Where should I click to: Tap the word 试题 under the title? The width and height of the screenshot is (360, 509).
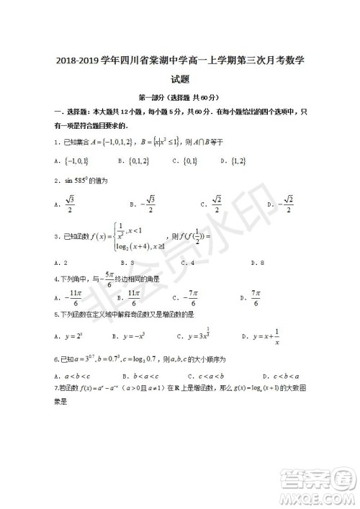tap(180, 81)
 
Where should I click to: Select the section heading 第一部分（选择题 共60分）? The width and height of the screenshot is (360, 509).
tap(179, 97)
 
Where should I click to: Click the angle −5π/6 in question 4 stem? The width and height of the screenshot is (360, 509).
tap(109, 277)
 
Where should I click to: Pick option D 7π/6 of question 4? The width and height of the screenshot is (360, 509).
tap(254, 297)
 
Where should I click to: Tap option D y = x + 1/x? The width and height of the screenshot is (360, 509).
tap(262, 335)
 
